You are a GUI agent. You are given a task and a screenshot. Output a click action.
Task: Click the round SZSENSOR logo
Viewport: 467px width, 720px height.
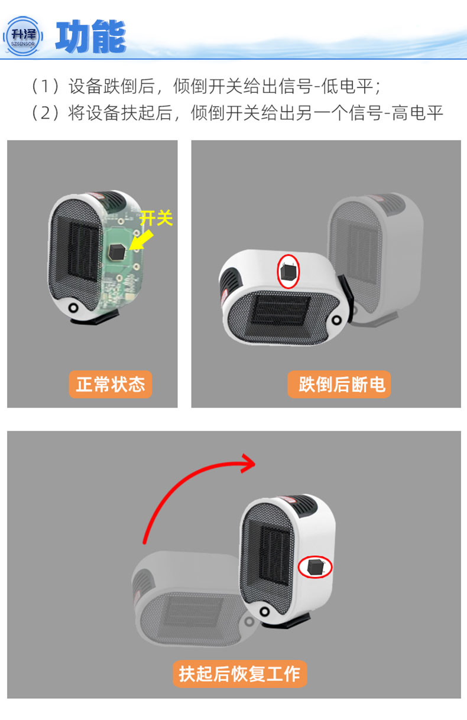23,36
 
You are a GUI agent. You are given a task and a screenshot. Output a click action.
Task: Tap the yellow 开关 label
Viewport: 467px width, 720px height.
156,219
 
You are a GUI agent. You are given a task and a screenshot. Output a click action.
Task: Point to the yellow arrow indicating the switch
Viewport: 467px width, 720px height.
141,239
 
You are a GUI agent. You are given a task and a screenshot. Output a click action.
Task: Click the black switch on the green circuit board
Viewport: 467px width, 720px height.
117,252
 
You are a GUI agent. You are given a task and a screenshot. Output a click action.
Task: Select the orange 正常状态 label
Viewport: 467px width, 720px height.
111,385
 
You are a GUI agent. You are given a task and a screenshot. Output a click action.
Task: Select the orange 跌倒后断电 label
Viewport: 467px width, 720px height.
339,385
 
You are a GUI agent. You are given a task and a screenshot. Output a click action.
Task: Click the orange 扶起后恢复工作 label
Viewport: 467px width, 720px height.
240,674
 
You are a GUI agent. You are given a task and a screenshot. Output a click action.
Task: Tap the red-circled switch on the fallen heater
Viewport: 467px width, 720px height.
288,271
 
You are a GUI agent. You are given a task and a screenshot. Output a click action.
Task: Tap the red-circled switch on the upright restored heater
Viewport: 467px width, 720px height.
315,567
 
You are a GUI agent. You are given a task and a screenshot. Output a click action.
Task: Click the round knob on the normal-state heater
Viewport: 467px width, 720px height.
74,308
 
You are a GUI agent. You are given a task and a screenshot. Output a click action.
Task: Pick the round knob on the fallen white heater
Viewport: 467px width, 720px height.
337,320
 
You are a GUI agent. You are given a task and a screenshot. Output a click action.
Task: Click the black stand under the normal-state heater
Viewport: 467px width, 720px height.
95,317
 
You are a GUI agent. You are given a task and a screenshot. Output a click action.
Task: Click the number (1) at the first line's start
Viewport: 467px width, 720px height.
45,86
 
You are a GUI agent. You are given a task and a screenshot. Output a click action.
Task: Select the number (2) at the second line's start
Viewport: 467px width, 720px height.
45,113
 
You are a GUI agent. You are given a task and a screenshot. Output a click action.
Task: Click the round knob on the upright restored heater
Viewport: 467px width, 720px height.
265,611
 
